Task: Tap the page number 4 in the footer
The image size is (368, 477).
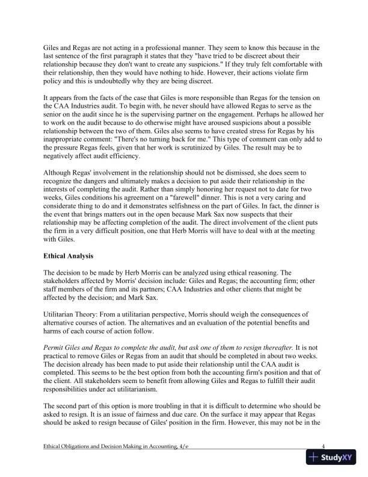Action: [x=324, y=446]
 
